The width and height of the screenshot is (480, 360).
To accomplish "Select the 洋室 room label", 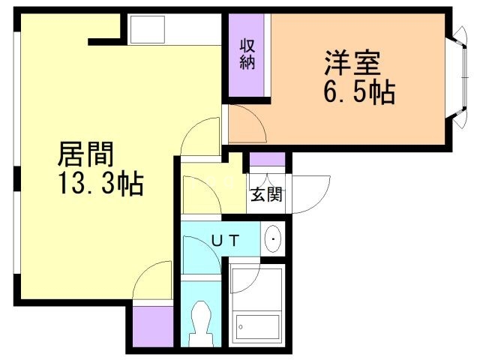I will (x=352, y=62).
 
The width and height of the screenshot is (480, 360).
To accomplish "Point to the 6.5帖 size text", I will (x=355, y=93).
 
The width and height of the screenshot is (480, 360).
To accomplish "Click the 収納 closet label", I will (x=247, y=54).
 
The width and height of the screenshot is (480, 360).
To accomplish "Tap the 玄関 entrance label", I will (x=266, y=196).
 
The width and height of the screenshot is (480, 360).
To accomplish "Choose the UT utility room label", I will (x=224, y=241).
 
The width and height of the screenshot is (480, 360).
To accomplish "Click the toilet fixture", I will (x=201, y=321).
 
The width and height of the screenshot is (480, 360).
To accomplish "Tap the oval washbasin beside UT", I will (x=274, y=240).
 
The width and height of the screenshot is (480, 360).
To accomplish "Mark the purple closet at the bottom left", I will (x=152, y=325).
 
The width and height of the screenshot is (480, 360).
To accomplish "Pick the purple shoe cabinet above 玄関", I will (x=267, y=159).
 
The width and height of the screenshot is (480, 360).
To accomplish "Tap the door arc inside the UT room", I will (x=202, y=246).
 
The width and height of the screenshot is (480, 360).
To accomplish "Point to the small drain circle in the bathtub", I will (x=241, y=327).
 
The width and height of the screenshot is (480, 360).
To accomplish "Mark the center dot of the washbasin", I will (x=274, y=240).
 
